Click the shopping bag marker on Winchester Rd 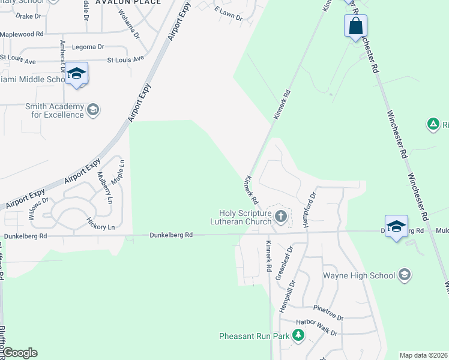pyautogui.click(x=355, y=26)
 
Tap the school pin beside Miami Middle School pyautogui.click(x=76, y=74)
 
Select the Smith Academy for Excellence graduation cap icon pyautogui.click(x=93, y=109)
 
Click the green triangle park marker pyautogui.click(x=432, y=124)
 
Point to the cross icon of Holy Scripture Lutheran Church pyautogui.click(x=280, y=215)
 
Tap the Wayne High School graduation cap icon pyautogui.click(x=405, y=275)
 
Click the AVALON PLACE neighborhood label pyautogui.click(x=132, y=2)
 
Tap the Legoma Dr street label pyautogui.click(x=88, y=46)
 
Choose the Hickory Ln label pyautogui.click(x=101, y=224)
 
